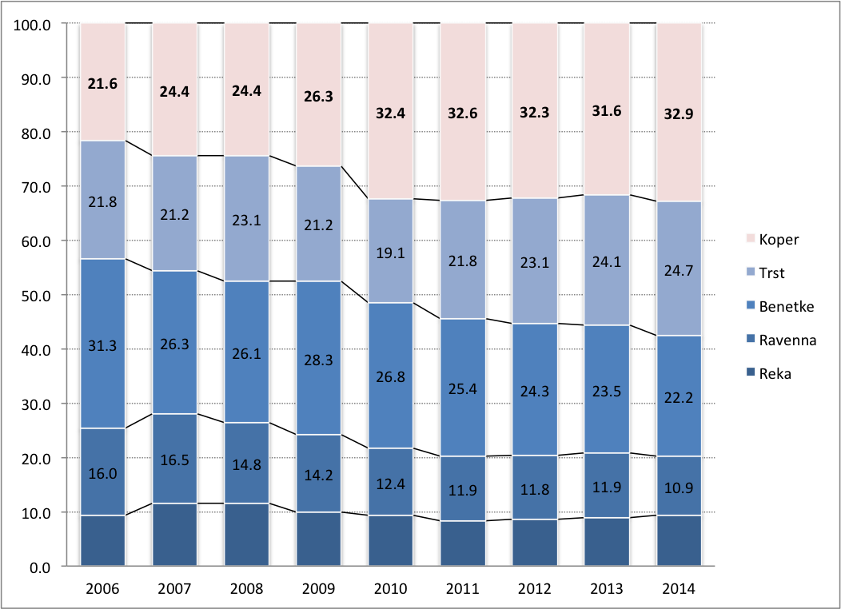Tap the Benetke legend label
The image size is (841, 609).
tap(785, 306)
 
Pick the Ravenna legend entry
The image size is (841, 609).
tap(787, 340)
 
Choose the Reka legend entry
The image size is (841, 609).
tap(775, 373)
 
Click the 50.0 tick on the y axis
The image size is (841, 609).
tap(34, 295)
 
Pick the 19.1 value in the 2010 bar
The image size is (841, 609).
tap(391, 253)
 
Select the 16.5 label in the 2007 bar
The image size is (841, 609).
tap(175, 458)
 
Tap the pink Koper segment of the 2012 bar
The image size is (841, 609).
tap(535, 111)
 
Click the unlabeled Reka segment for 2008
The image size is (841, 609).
tap(247, 535)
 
